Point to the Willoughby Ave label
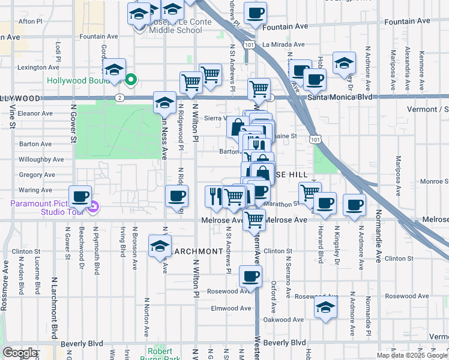[41, 160]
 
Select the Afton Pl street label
[31, 21]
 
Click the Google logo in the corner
[20, 353]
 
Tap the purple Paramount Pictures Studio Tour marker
[93, 208]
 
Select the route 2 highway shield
[121, 97]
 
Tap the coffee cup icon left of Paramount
[80, 196]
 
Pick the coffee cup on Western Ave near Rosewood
[250, 276]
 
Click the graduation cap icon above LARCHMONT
[159, 246]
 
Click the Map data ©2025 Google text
[412, 355]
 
